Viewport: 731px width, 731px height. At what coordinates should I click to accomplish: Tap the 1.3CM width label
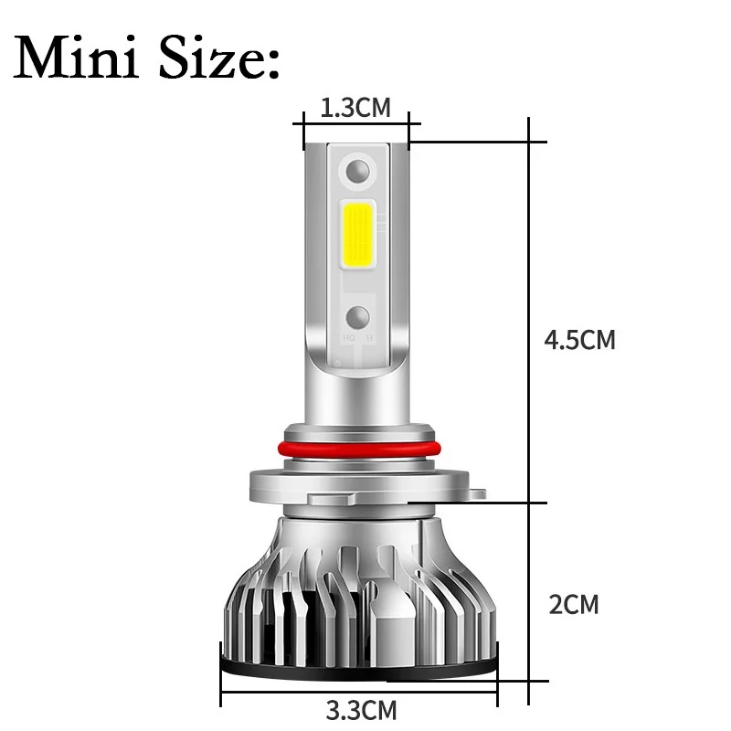coord(355,108)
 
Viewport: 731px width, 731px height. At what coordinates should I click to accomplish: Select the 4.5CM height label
coord(579,340)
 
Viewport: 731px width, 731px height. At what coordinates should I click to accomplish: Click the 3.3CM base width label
coord(361,708)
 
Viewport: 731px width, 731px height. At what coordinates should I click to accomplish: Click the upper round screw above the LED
coord(358,170)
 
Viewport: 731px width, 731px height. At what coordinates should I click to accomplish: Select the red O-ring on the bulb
coord(357,448)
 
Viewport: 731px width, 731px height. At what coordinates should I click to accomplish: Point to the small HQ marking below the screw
coord(349,338)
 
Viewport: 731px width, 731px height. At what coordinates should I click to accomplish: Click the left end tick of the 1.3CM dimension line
coord(304,131)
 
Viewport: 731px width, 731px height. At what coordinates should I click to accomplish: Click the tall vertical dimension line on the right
coord(529,411)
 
